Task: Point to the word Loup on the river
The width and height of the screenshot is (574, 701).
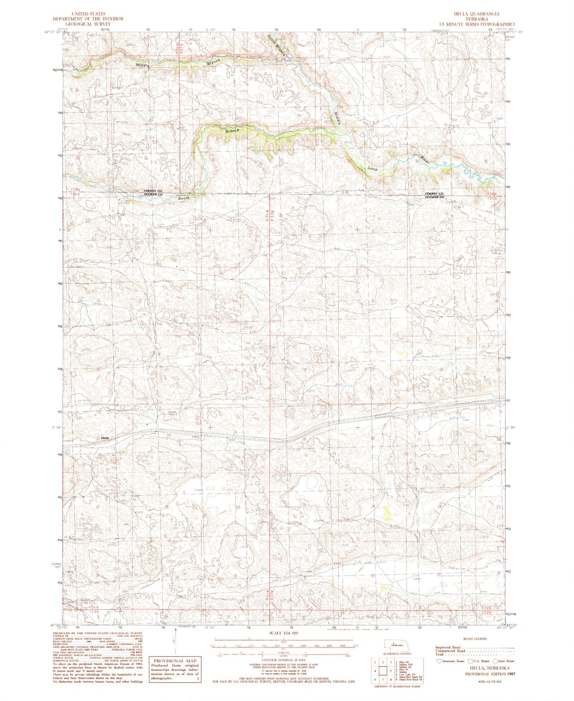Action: pyautogui.click(x=372, y=169)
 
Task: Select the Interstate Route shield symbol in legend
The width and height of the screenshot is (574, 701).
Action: pyautogui.click(x=439, y=661)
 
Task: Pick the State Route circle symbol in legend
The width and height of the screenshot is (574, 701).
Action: pyautogui.click(x=495, y=661)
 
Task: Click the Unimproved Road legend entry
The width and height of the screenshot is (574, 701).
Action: pyautogui.click(x=450, y=651)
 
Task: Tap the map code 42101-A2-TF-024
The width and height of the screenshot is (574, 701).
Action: pyautogui.click(x=490, y=682)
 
